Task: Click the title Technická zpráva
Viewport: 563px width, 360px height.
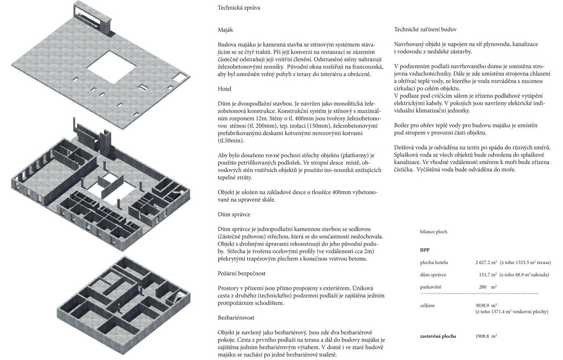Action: click(x=239, y=7)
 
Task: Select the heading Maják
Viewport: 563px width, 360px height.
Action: click(x=225, y=30)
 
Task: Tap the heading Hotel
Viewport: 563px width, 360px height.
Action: click(x=224, y=89)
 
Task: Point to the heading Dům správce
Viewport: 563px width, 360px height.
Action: click(x=234, y=214)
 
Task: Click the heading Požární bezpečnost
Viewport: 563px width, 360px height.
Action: click(x=241, y=273)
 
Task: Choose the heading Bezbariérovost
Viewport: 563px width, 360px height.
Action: click(x=236, y=317)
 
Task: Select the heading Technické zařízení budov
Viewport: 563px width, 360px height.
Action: click(x=425, y=29)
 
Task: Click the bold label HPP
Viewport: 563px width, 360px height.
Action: click(x=424, y=250)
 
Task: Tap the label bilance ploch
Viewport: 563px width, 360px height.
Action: click(x=433, y=231)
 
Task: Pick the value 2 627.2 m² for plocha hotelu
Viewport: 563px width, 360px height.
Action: click(x=486, y=262)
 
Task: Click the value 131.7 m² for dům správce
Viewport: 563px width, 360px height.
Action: click(x=488, y=275)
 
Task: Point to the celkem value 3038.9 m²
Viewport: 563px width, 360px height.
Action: click(x=486, y=305)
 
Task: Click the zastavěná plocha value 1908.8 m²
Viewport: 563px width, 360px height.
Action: click(x=486, y=336)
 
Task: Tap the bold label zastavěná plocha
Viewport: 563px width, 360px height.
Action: click(x=438, y=336)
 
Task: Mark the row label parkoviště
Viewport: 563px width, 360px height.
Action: click(x=431, y=287)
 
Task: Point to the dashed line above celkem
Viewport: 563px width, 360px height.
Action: click(x=479, y=293)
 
